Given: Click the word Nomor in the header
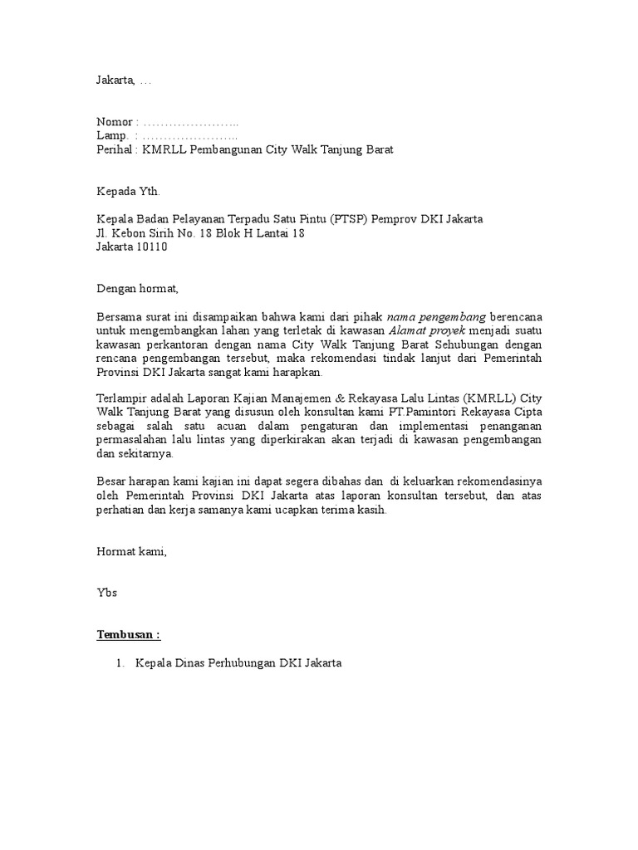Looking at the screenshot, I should (115, 123).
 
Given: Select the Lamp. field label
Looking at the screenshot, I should (113, 136).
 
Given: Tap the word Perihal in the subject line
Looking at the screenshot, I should (115, 150).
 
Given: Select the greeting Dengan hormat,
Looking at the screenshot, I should (137, 289).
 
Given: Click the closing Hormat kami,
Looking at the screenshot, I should (131, 553).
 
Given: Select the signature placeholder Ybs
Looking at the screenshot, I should (107, 594).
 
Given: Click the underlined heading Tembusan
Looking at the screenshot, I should (128, 636).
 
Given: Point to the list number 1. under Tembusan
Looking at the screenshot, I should (120, 664).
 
